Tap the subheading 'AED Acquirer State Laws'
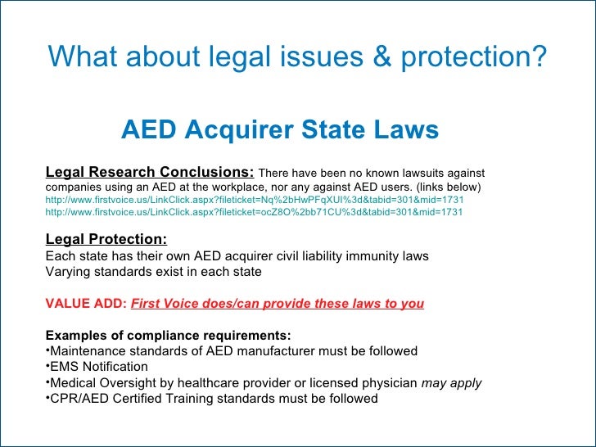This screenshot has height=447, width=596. pos(280,130)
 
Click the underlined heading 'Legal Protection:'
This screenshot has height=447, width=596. pos(106,240)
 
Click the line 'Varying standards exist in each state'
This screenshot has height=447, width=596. pos(154,272)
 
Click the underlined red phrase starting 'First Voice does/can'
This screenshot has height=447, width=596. pos(278,304)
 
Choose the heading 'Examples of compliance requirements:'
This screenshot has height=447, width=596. pos(168,336)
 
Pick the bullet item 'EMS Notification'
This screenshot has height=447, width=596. pos(99,367)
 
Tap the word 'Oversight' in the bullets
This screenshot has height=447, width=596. pos(124,383)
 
